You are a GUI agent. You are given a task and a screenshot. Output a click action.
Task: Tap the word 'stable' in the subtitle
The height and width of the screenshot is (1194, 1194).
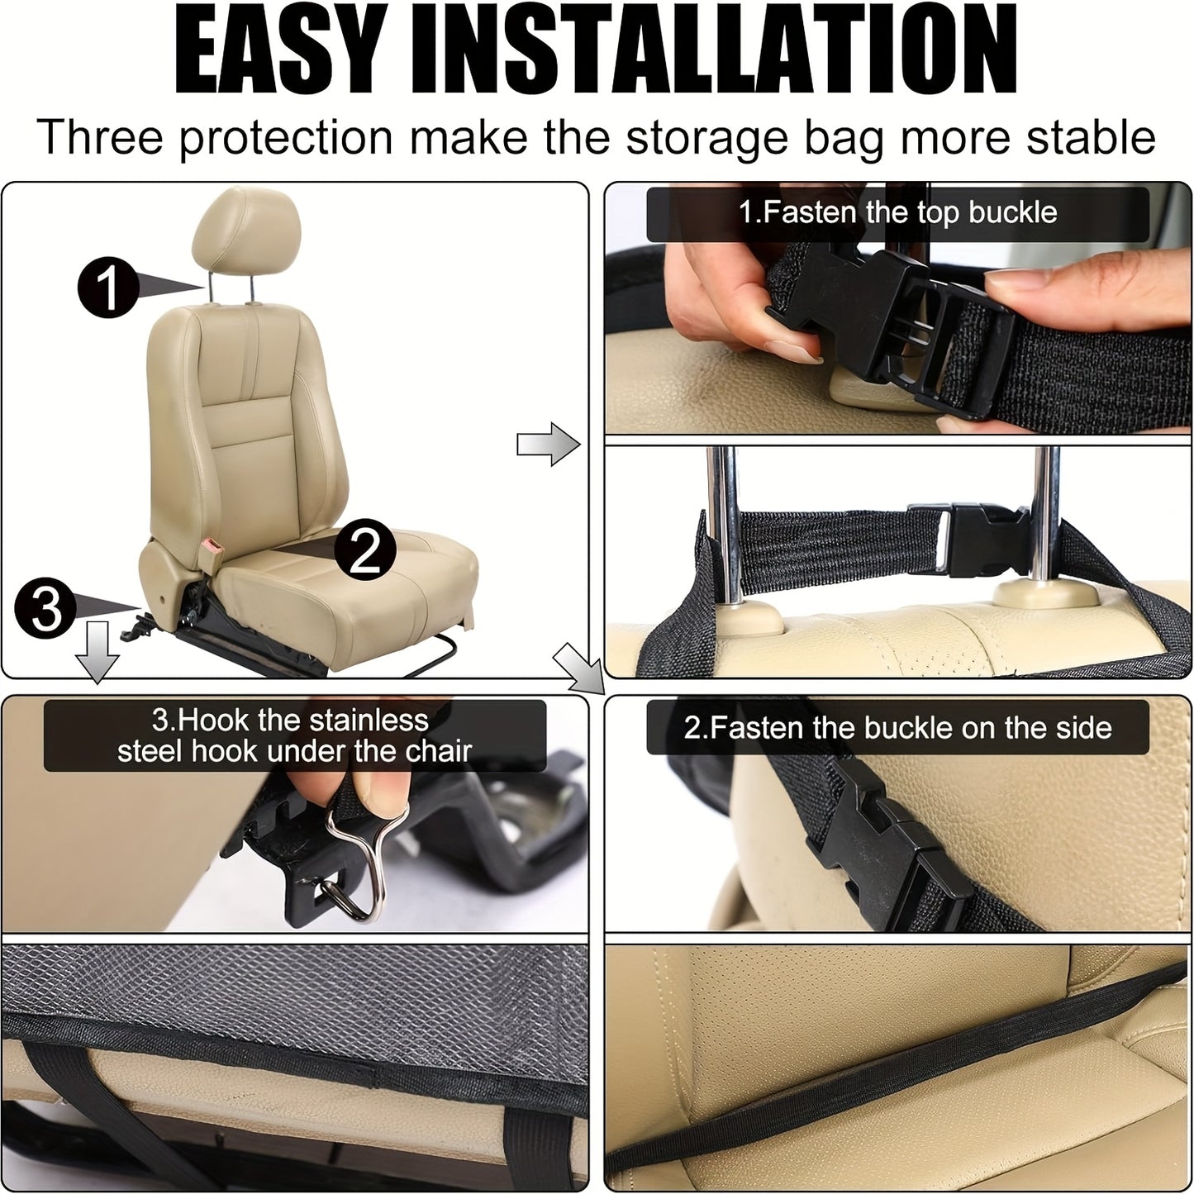click(1091, 137)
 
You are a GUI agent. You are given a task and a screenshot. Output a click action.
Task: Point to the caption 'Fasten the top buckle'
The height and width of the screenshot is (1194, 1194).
click(897, 213)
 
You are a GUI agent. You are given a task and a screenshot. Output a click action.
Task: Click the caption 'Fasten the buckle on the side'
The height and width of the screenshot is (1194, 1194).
click(897, 728)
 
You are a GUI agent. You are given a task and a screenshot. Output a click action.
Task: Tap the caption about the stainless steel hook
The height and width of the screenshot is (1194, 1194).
click(294, 735)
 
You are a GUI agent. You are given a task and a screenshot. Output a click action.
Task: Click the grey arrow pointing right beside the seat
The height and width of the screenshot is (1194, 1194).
click(548, 445)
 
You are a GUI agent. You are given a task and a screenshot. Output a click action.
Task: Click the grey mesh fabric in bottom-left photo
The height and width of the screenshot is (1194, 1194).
click(289, 987)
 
